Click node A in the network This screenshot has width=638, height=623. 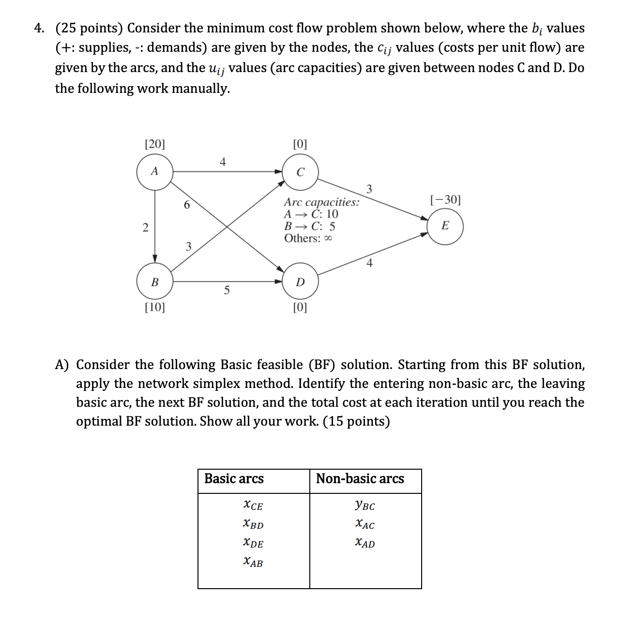pos(154,171)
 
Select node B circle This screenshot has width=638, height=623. pos(154,282)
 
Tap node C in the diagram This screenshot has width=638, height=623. pos(300,172)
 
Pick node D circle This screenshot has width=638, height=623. pos(300,282)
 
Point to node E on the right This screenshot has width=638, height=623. pos(445,226)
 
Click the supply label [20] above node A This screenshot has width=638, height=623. pos(155,144)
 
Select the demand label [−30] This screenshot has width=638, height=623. pos(445,199)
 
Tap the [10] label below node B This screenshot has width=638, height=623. pos(155,307)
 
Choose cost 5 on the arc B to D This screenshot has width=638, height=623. pos(226,291)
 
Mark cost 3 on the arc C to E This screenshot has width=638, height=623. pos(369,189)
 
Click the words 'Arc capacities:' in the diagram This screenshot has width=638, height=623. pos(321,202)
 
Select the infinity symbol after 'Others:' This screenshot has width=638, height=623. pos(328,238)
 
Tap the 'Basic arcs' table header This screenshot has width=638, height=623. pos(234,479)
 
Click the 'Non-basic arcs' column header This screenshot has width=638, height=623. pos(360,479)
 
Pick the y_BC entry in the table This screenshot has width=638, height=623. pos(365,506)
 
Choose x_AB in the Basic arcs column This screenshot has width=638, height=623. pos(253,562)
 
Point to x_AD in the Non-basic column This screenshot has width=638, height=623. pos(365,543)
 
